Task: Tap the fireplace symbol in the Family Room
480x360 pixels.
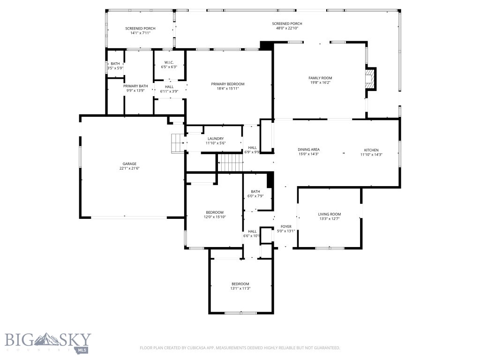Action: [x=371, y=79]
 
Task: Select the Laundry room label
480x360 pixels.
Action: [x=216, y=138]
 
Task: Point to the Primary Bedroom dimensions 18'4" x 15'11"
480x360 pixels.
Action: [x=228, y=89]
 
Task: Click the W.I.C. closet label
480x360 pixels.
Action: [x=169, y=62]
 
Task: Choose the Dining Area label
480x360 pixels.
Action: [x=308, y=150]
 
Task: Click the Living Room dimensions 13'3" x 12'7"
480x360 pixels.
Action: [x=329, y=218]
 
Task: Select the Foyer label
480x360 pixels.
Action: [x=286, y=226]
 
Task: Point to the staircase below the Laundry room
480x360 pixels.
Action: [x=230, y=164]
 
